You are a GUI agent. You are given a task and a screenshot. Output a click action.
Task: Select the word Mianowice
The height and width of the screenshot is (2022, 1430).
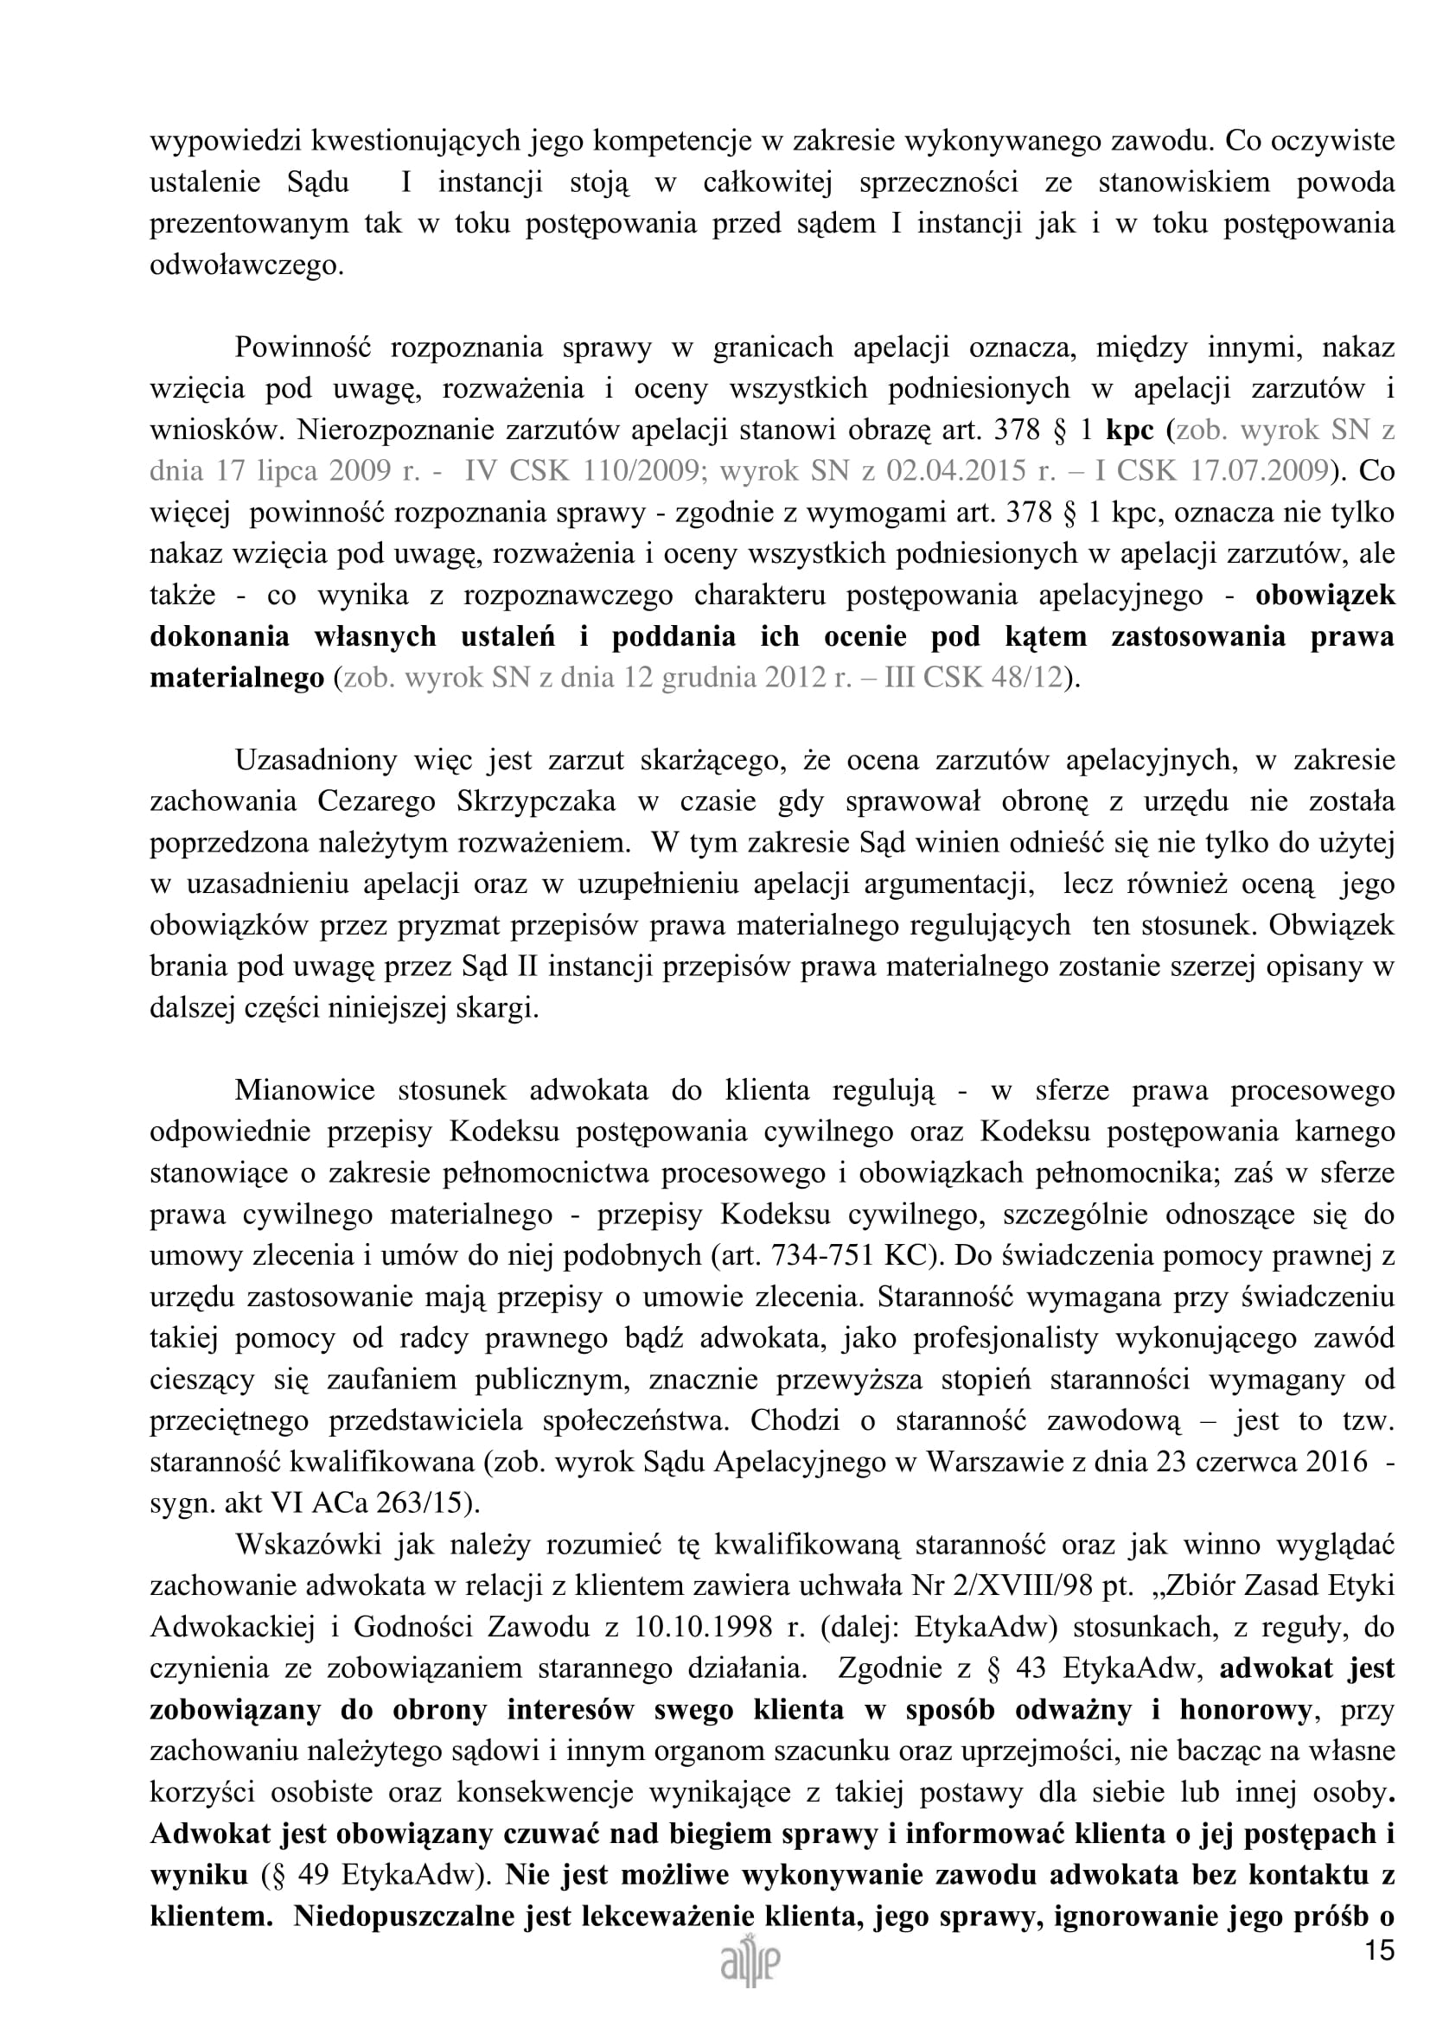point(304,1089)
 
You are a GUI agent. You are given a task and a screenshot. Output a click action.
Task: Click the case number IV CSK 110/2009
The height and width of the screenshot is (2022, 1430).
point(582,471)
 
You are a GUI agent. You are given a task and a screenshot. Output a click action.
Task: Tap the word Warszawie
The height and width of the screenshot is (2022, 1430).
point(989,1461)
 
